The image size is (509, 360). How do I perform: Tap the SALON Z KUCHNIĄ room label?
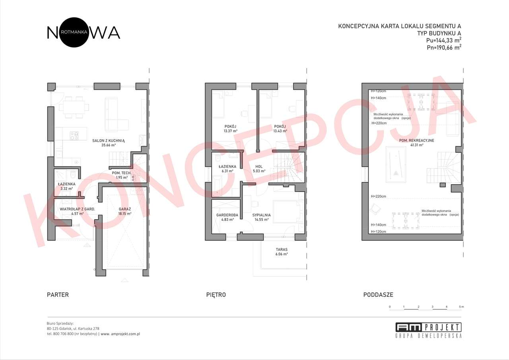tap(109, 140)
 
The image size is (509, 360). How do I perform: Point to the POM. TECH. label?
tap(122, 173)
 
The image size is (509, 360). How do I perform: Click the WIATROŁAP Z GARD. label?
tap(77, 208)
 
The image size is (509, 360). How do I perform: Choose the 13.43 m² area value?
tap(280, 131)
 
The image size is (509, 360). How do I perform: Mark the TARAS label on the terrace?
tap(282, 249)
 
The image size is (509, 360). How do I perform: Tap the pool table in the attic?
tap(396, 164)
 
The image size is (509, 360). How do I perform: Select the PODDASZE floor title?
tap(378, 295)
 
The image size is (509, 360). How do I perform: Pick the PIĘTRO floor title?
tap(216, 295)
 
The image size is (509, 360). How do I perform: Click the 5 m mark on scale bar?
tap(461, 307)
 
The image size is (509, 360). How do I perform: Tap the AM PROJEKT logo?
tap(428, 330)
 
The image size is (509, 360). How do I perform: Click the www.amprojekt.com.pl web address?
tap(120, 334)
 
